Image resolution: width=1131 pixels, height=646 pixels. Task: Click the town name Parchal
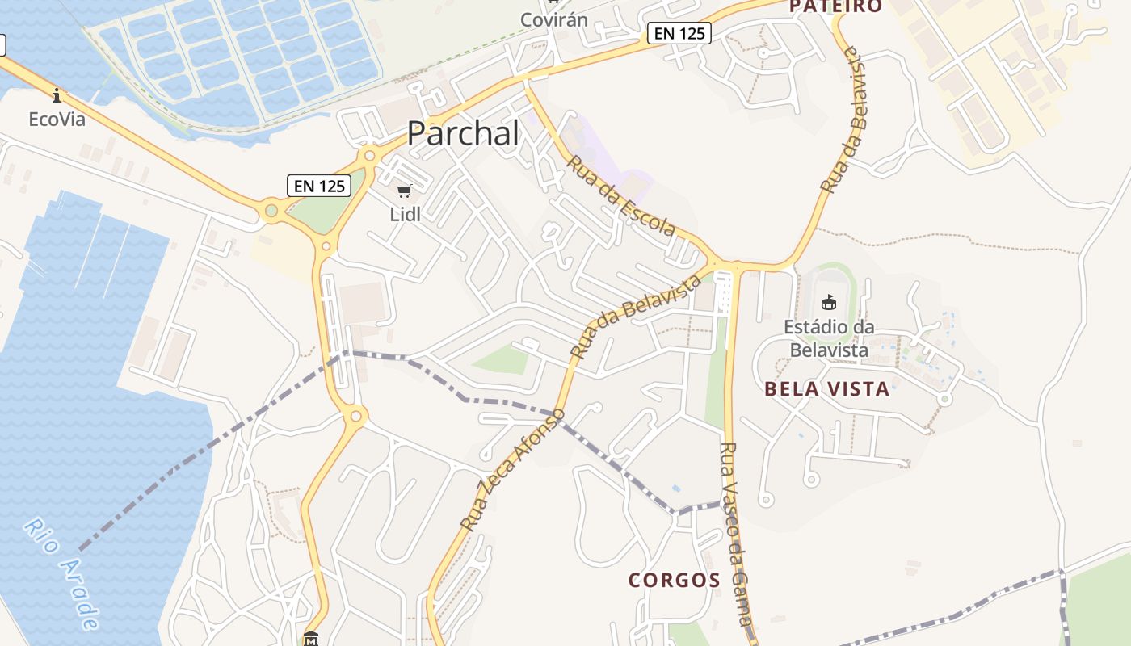(463, 133)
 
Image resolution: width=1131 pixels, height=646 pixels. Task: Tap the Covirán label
(553, 19)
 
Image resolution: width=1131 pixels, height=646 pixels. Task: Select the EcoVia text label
(57, 119)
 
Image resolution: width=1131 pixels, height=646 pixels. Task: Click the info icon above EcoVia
(57, 95)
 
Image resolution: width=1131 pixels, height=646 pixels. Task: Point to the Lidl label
(405, 214)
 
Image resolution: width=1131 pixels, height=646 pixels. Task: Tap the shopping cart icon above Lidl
(405, 191)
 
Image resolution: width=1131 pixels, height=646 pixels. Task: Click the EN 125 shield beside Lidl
(320, 186)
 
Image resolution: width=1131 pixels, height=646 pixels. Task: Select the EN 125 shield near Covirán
(679, 33)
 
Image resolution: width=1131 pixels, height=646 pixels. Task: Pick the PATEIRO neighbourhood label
(836, 6)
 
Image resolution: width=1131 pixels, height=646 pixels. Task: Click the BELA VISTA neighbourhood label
(826, 389)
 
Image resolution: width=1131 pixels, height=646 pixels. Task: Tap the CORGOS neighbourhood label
(675, 580)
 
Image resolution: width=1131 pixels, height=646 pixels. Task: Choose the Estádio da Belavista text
(829, 338)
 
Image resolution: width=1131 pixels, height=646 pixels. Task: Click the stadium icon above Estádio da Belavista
(828, 303)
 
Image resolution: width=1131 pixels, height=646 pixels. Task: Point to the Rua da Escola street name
(620, 196)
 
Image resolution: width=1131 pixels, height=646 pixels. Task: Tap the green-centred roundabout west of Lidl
(271, 212)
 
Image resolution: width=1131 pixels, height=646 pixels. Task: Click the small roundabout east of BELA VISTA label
(944, 399)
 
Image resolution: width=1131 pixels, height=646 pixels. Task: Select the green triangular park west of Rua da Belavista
(504, 360)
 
